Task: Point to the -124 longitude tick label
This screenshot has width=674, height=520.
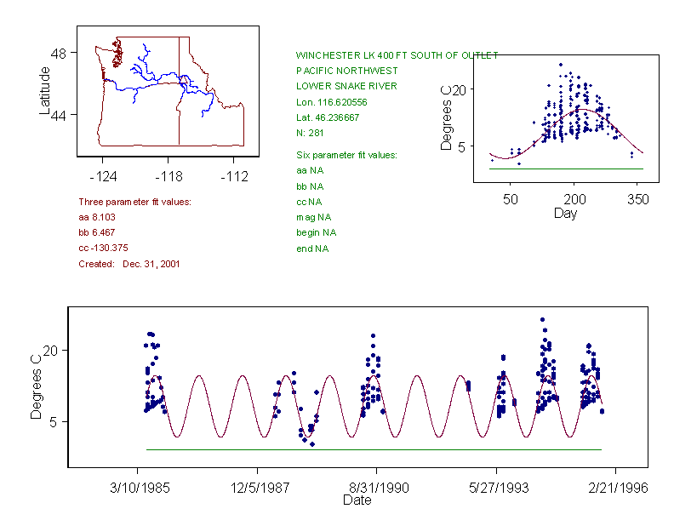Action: [x=103, y=176]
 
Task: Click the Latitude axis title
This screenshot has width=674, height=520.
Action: [x=45, y=90]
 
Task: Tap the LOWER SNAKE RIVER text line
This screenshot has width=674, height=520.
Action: [x=346, y=86]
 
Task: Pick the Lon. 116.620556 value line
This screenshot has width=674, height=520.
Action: [x=332, y=101]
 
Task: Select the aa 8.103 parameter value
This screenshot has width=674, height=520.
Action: [x=94, y=217]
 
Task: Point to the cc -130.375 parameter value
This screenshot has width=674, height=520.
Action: [x=103, y=248]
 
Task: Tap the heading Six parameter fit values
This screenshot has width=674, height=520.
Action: [x=346, y=155]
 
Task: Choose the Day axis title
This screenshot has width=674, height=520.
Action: [x=565, y=213]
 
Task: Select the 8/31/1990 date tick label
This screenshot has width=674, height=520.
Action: [x=376, y=489]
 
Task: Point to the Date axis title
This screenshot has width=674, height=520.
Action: [x=357, y=500]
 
